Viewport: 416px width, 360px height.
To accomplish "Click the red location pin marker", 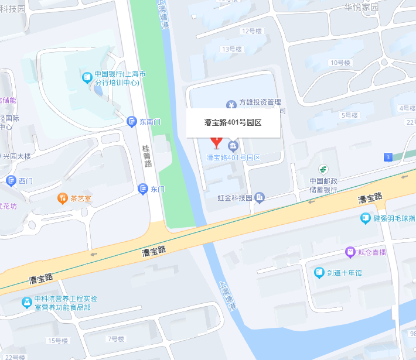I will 216,141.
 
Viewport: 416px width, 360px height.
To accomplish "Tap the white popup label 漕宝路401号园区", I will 233,123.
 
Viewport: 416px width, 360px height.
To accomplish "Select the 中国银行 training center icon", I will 87,76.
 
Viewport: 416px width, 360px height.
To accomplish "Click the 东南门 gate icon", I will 132,121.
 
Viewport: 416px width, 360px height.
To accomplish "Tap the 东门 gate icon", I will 142,188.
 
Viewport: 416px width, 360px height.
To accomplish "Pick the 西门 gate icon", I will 11,180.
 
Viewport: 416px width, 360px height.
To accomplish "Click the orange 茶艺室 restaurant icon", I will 62,198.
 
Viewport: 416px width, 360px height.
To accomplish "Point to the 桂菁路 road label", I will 147,156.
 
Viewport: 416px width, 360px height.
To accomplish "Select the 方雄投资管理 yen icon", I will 231,104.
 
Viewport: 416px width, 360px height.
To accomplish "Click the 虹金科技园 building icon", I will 260,198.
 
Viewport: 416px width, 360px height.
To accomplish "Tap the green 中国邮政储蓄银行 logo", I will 323,170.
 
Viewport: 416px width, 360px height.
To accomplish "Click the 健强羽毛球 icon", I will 365,218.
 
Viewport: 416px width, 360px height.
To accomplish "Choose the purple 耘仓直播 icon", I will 350,252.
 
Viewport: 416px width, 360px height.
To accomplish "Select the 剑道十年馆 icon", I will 319,272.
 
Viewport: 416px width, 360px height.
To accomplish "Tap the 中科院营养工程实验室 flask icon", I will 26,303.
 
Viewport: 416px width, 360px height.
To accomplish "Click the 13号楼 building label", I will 231,49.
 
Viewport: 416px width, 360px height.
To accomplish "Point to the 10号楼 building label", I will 340,62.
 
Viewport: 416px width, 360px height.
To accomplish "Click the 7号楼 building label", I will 115,339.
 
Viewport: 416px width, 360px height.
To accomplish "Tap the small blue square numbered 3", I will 387,157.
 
